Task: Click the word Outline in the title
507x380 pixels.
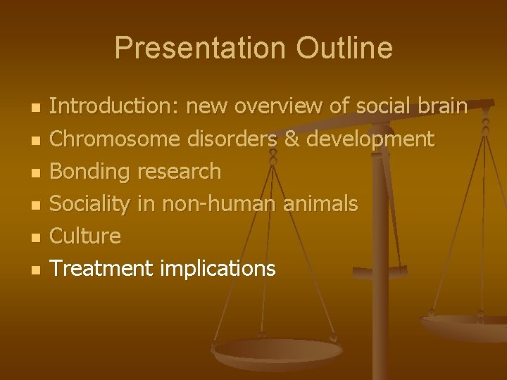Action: [344, 49]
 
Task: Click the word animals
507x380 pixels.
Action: [320, 204]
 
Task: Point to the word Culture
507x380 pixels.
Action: [86, 236]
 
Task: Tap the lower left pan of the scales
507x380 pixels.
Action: [277, 352]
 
